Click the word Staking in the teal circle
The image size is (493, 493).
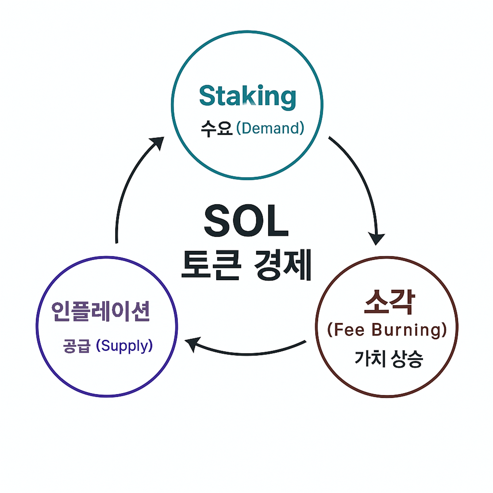pyautogui.click(x=247, y=96)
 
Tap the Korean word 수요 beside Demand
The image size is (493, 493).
pyautogui.click(x=216, y=128)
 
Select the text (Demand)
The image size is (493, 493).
pyautogui.click(x=270, y=128)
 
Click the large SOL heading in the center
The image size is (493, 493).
pyautogui.click(x=246, y=221)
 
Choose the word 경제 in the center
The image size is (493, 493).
pyautogui.click(x=283, y=265)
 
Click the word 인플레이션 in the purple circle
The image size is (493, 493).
pyautogui.click(x=101, y=311)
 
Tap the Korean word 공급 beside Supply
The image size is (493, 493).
pyautogui.click(x=77, y=346)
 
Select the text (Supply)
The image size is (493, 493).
pyautogui.click(x=124, y=346)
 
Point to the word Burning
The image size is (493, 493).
pyautogui.click(x=409, y=330)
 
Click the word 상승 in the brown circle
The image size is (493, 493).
pyautogui.click(x=407, y=359)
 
